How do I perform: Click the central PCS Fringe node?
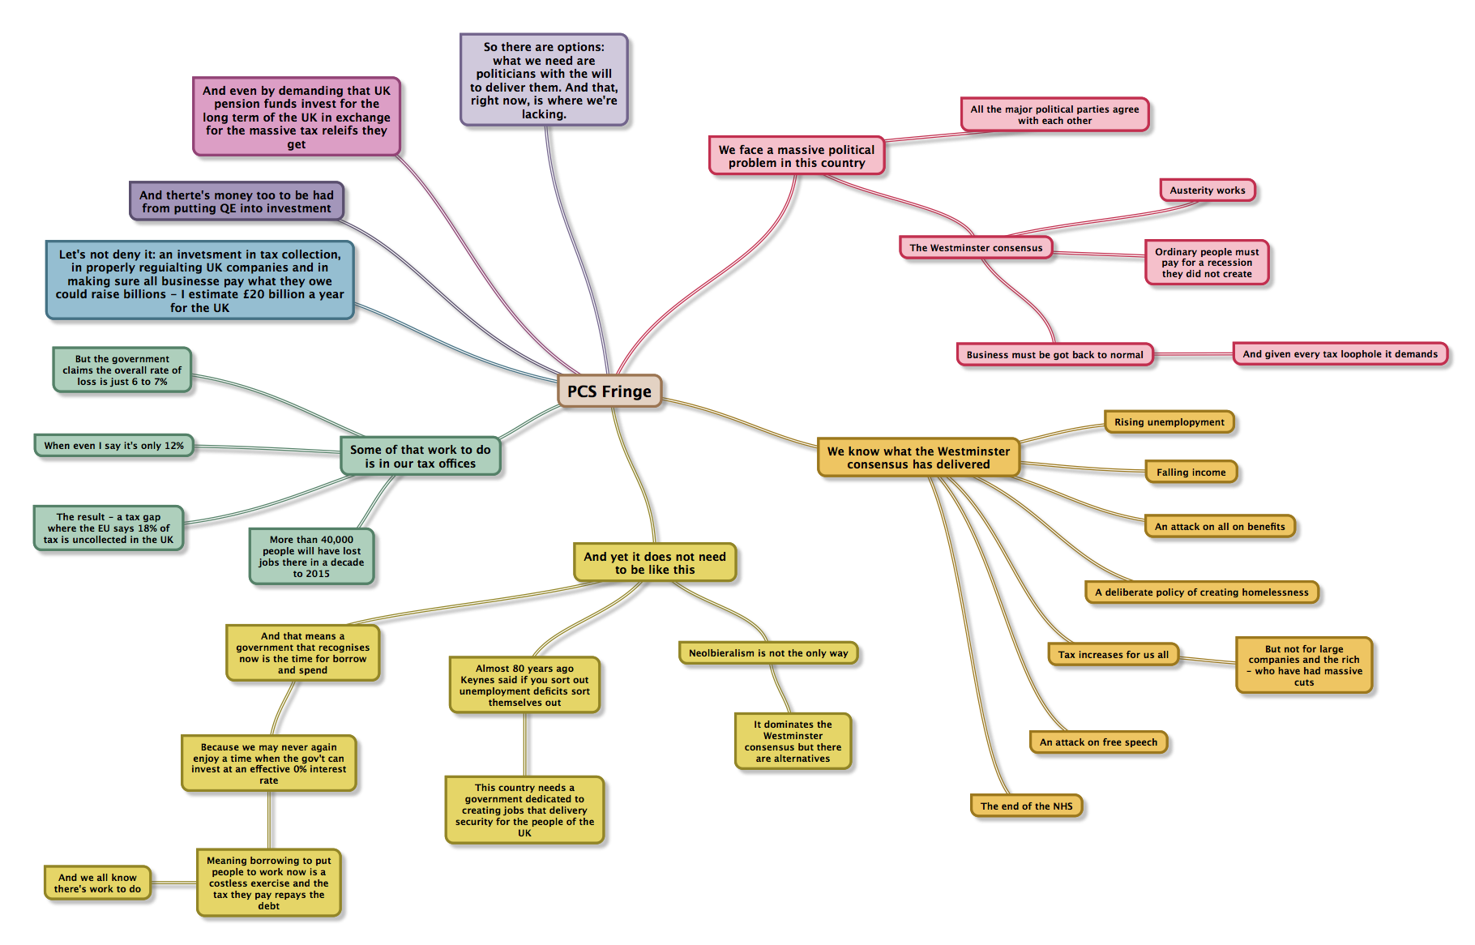(x=609, y=391)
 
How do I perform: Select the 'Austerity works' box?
(x=1207, y=190)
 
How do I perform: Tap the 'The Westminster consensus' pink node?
(x=976, y=248)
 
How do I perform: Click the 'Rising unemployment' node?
(x=1169, y=422)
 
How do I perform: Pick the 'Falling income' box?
(x=1191, y=472)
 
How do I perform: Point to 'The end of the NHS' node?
(x=1026, y=806)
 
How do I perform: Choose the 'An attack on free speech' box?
(x=1098, y=742)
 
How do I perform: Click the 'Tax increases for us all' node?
(x=1113, y=655)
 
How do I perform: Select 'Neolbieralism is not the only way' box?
(x=767, y=653)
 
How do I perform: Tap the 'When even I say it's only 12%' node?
(x=113, y=446)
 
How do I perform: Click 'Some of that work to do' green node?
(x=420, y=456)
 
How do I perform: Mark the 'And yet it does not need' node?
(x=655, y=563)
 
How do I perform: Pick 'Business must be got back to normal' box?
(x=1054, y=355)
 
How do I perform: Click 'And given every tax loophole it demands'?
(x=1340, y=354)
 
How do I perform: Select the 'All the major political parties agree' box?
(x=1054, y=115)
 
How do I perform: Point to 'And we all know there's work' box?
(x=97, y=883)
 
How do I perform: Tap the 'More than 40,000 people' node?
(x=311, y=557)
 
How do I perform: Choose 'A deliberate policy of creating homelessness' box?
(x=1201, y=592)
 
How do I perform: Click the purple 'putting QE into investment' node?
(x=237, y=202)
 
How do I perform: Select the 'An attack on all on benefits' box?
(x=1219, y=527)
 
